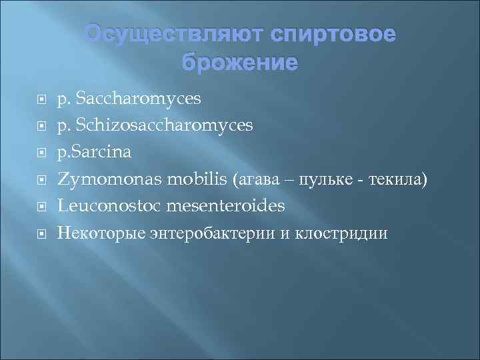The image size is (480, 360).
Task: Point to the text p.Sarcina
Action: click(x=95, y=153)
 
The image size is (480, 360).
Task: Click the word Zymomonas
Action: click(x=101, y=179)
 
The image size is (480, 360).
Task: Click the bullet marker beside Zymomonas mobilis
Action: click(x=41, y=180)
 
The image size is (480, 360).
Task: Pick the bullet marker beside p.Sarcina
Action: click(x=41, y=153)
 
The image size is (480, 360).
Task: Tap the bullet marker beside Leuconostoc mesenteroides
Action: click(x=41, y=207)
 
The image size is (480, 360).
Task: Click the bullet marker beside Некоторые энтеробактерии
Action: click(x=41, y=234)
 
